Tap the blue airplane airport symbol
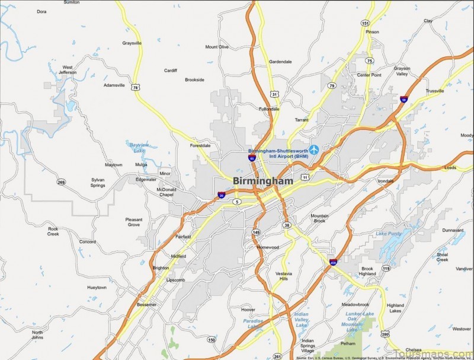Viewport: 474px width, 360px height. [313, 149]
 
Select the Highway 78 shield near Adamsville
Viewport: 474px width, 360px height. [137, 87]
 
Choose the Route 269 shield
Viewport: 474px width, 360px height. [62, 182]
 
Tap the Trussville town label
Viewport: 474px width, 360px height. [434, 91]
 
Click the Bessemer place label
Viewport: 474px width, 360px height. [146, 304]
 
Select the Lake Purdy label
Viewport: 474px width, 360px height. [388, 233]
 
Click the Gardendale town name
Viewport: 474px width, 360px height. [280, 61]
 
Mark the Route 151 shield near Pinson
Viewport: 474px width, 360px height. [366, 23]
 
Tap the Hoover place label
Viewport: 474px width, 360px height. [248, 309]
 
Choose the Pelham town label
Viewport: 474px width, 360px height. [348, 343]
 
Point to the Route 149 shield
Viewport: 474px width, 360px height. [256, 232]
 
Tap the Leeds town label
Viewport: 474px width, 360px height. [450, 168]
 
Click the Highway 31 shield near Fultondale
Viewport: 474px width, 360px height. [274, 94]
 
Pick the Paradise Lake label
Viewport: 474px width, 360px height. [252, 324]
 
